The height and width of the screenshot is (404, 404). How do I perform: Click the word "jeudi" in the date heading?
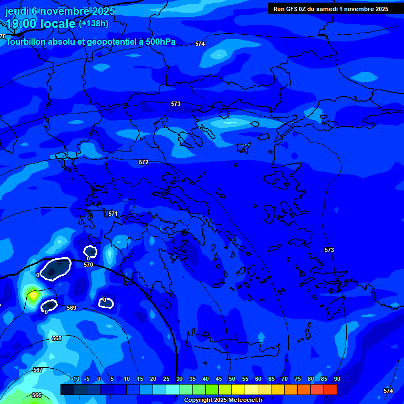pyautogui.click(x=17, y=11)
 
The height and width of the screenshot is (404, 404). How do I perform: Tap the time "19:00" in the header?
pyautogui.click(x=23, y=23)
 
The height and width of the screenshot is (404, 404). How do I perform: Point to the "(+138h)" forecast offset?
pyautogui.click(x=94, y=23)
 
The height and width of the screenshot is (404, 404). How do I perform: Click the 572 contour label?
pyautogui.click(x=144, y=163)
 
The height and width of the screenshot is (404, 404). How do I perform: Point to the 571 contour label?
pyautogui.click(x=113, y=214)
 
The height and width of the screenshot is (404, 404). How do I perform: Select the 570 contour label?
pyautogui.click(x=88, y=265)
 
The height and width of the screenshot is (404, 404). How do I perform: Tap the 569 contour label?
pyautogui.click(x=72, y=308)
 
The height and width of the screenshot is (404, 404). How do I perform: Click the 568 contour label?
pyautogui.click(x=57, y=338)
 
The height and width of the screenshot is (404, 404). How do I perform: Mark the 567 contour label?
pyautogui.click(x=37, y=370)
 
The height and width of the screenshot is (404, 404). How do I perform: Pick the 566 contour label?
pyautogui.click(x=36, y=395)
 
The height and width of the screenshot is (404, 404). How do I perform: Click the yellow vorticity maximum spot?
pyautogui.click(x=33, y=296)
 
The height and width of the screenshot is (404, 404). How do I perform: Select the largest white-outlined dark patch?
pyautogui.click(x=55, y=269)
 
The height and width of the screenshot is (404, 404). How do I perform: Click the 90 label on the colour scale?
pyautogui.click(x=337, y=379)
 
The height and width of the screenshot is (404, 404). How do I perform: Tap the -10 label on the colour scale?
pyautogui.click(x=76, y=379)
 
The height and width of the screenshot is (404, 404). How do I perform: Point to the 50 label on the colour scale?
pyautogui.click(x=232, y=379)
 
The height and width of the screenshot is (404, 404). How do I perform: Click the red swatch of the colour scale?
pyautogui.click(x=330, y=389)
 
